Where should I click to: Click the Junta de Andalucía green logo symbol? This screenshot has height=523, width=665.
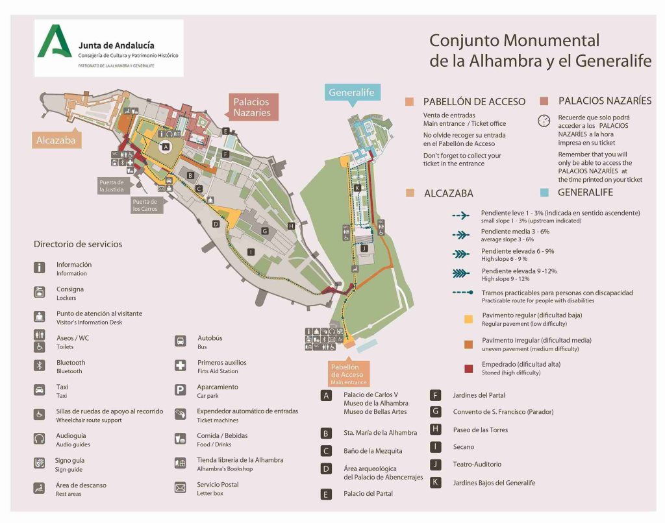55,42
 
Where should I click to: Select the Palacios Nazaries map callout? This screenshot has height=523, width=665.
251,107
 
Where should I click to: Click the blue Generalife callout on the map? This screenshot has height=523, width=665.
351,92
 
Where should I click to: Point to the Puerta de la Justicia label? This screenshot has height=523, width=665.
111,186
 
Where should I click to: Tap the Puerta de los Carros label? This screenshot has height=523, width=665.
145,206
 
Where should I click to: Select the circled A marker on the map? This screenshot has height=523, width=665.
166,147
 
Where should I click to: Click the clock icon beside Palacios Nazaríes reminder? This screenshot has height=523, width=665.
544,121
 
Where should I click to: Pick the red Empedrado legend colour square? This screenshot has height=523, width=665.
468,368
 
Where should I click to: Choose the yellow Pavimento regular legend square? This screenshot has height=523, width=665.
468,319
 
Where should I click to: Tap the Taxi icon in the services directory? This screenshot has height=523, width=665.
40,390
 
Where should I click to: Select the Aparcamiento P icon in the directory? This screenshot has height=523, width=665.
180,390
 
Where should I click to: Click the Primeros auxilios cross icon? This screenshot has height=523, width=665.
180,366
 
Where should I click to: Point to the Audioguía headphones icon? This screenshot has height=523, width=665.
40,439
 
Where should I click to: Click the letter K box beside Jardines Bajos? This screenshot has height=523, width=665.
436,482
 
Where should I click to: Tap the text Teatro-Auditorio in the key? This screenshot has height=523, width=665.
477,464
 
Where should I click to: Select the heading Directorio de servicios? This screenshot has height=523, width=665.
78,244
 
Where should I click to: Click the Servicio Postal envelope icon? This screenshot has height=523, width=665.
180,487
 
